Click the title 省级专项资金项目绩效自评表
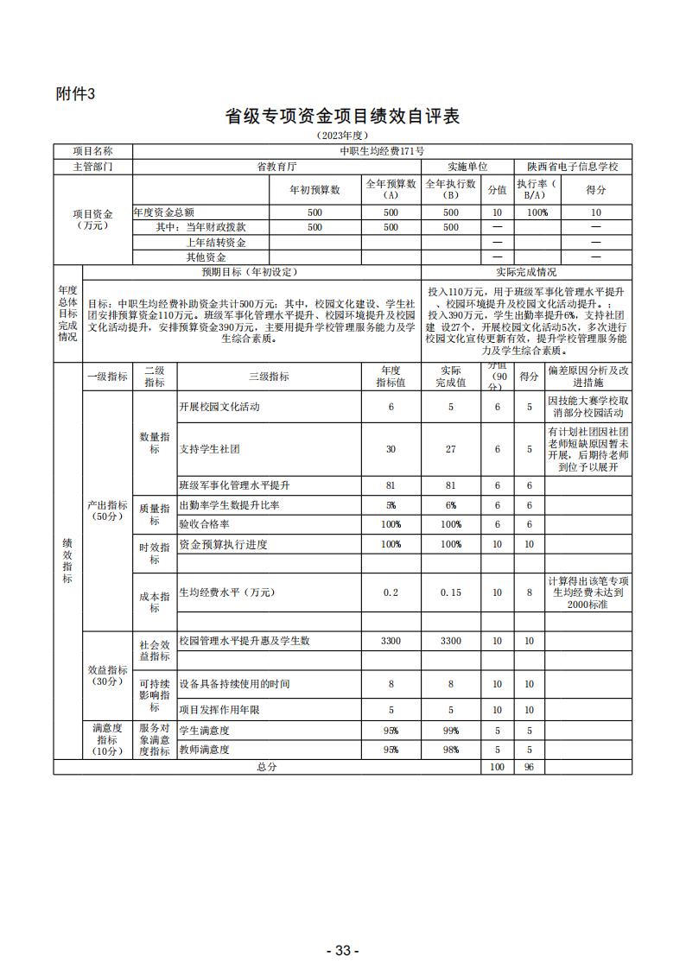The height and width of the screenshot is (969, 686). point(342,117)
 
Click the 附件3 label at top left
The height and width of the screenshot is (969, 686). point(74,94)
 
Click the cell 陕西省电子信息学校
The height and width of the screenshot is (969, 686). point(573,166)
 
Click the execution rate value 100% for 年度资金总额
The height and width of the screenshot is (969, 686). point(537,212)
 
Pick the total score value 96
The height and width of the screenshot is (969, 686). point(529,767)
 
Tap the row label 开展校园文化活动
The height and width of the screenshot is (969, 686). point(219,407)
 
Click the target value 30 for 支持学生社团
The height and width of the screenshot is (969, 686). point(391,449)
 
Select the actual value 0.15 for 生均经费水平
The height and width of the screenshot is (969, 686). point(451,592)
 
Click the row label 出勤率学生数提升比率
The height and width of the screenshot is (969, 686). point(223,505)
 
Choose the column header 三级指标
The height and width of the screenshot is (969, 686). point(269,377)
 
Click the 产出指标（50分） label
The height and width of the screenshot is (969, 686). point(107,510)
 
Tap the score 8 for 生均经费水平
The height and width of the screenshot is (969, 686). point(529,592)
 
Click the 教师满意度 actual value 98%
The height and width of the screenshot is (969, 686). point(451,750)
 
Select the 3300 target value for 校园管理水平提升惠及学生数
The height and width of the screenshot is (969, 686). point(391,641)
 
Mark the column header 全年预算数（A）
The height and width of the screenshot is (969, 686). point(391,189)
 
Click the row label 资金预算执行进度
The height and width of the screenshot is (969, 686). point(223,544)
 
